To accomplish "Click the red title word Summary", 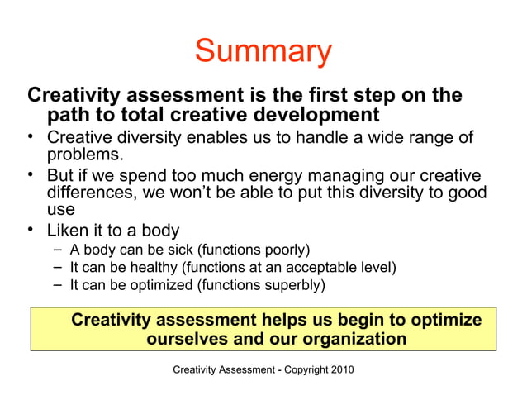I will coord(263,52).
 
